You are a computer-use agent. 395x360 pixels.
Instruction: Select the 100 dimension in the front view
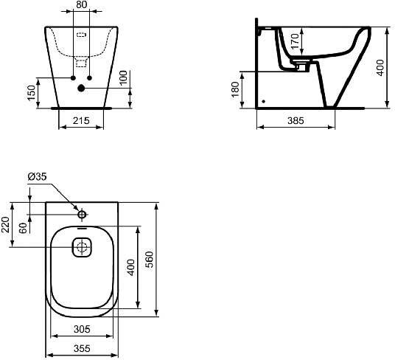[x=125, y=77]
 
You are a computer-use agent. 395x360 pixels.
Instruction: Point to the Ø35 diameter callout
[x=37, y=176]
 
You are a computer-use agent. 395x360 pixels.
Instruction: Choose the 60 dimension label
[x=24, y=229]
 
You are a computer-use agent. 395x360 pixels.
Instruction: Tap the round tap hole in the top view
[x=82, y=215]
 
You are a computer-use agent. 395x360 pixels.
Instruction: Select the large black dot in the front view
[x=81, y=89]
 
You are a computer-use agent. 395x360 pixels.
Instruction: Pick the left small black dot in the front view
[x=72, y=77]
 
